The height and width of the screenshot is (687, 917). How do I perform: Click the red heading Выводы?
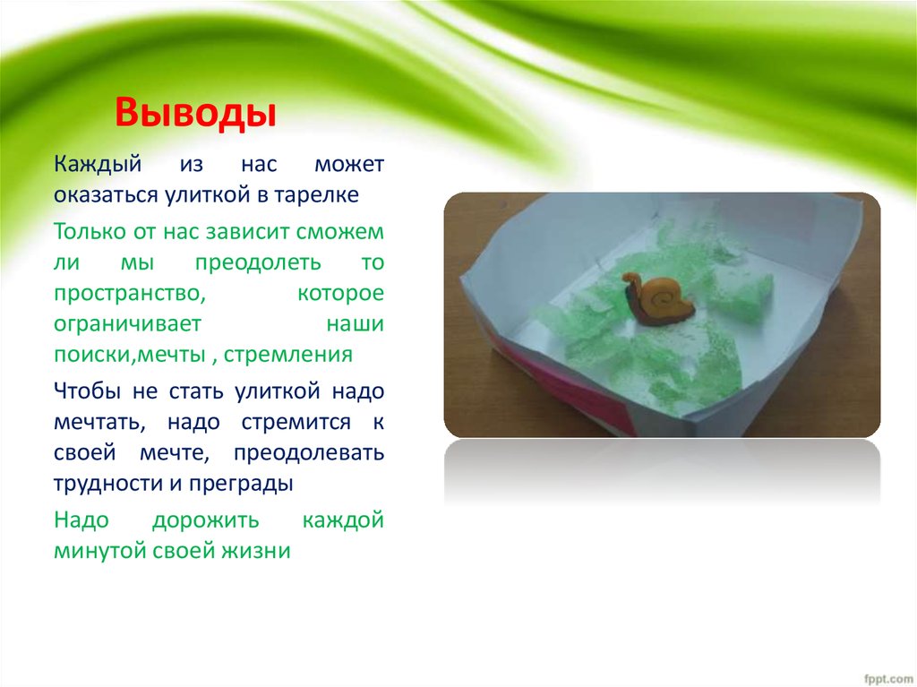point(193,115)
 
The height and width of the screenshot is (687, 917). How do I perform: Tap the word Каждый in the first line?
point(88,166)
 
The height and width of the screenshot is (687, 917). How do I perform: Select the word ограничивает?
point(127,323)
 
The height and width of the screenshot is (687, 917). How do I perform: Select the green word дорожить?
point(205,520)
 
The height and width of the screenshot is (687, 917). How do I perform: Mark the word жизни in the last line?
point(258,551)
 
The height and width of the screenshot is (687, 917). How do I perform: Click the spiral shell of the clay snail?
point(665,295)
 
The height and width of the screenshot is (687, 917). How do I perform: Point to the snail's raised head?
point(630,281)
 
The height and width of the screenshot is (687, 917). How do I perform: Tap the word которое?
point(341,294)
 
